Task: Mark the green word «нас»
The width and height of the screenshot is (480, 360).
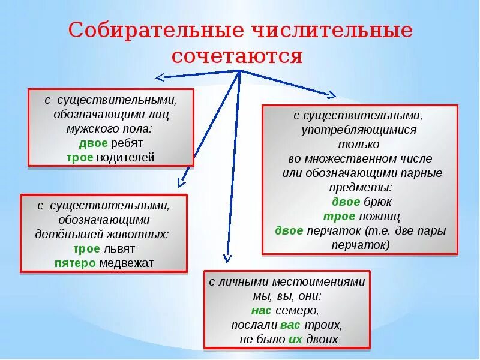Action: point(262,311)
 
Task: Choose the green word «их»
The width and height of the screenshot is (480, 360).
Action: point(295,340)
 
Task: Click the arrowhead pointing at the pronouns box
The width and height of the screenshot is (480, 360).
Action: point(227,258)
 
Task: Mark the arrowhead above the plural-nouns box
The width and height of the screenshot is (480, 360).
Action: point(331,94)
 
